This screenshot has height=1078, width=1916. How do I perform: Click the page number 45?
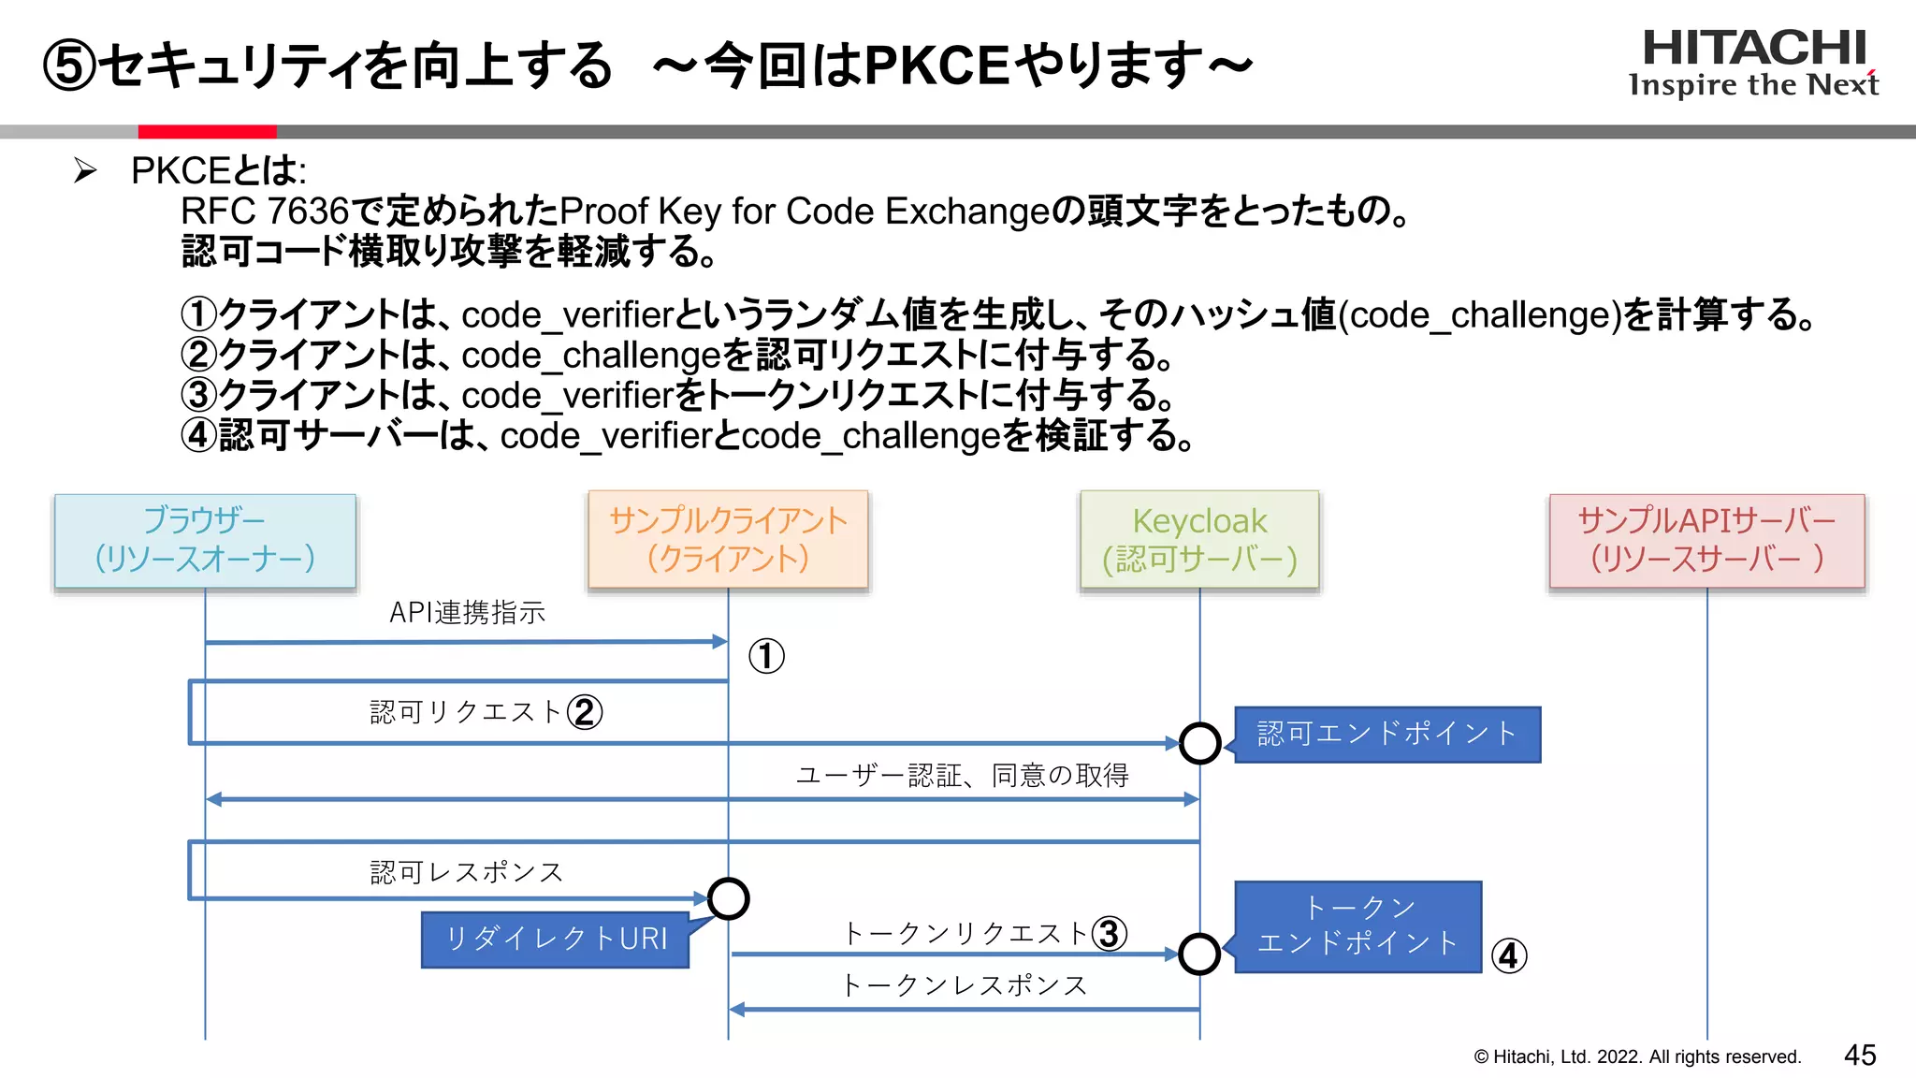click(x=1860, y=1055)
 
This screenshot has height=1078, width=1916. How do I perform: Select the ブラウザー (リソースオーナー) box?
click(x=205, y=541)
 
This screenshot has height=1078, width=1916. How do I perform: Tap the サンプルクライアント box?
click(x=728, y=539)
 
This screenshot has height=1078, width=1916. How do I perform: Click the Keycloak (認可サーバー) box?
click(x=1199, y=540)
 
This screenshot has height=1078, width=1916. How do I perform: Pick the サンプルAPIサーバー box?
click(x=1706, y=540)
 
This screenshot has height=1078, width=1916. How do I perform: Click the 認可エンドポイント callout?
click(x=1386, y=734)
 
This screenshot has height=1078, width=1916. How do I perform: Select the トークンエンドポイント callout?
click(x=1357, y=925)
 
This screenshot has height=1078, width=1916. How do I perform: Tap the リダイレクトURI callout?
click(x=556, y=939)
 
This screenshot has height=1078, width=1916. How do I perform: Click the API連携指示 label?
click(x=467, y=612)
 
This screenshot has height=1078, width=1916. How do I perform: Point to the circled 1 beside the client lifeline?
click(x=766, y=656)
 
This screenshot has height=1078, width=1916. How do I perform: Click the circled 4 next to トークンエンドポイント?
click(x=1509, y=955)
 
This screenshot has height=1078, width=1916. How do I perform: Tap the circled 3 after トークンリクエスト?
click(x=1110, y=933)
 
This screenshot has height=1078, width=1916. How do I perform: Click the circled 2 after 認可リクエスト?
click(x=585, y=712)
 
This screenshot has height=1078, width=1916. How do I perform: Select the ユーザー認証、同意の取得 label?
click(x=962, y=775)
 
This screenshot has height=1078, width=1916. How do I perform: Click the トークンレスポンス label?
click(x=964, y=984)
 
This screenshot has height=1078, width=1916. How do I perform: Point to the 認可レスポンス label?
click(x=467, y=872)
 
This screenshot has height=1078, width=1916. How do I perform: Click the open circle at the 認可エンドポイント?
click(x=1199, y=743)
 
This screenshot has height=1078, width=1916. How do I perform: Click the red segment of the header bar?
click(x=207, y=132)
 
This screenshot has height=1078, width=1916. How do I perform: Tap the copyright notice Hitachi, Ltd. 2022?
click(x=1637, y=1056)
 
